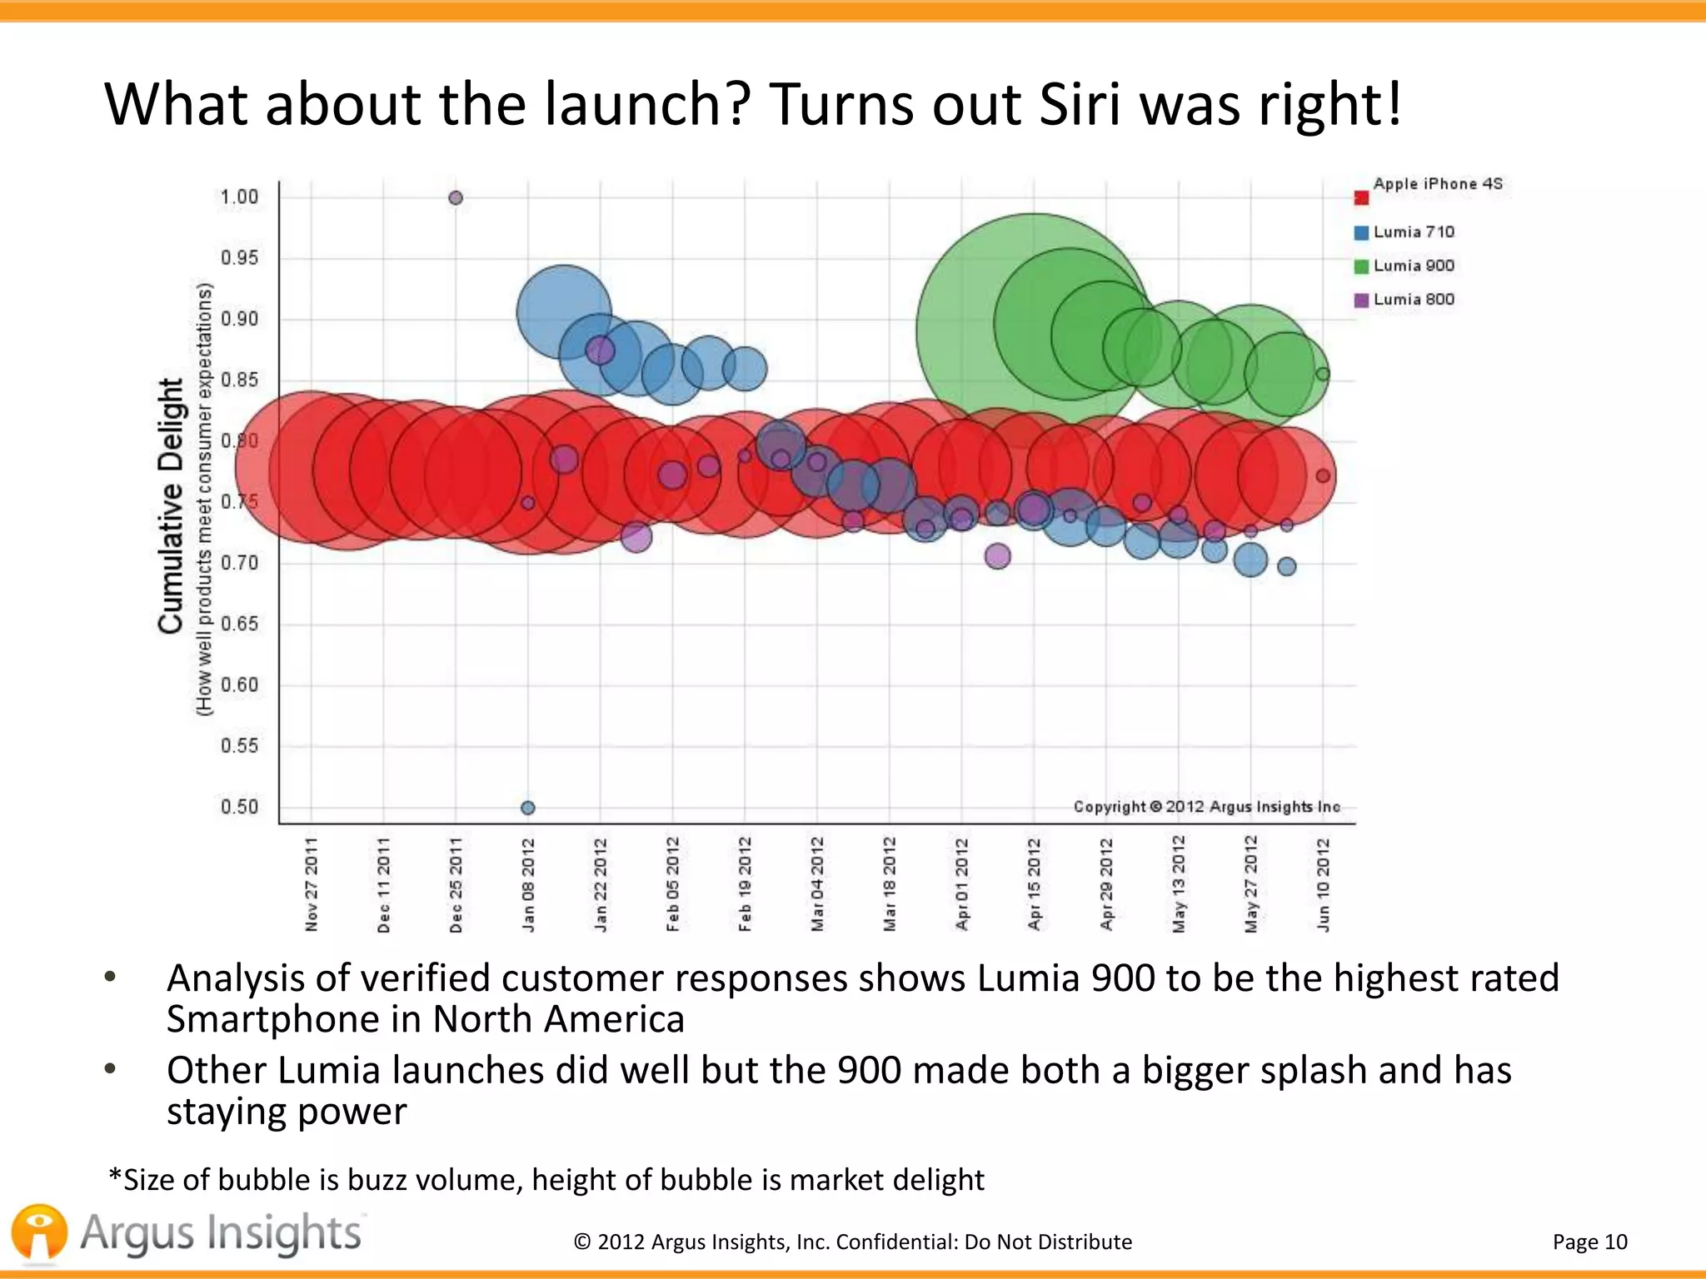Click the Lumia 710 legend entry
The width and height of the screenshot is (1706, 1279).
click(1413, 232)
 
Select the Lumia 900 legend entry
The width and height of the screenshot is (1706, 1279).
click(1413, 266)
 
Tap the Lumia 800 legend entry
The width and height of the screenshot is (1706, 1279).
click(1413, 300)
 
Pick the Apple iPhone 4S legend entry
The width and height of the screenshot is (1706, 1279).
click(1436, 184)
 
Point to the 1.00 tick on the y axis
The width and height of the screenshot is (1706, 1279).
click(239, 197)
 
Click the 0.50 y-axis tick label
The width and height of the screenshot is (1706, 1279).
click(239, 807)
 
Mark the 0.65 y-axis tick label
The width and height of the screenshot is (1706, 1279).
click(239, 624)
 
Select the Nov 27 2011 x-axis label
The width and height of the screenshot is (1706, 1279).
click(312, 885)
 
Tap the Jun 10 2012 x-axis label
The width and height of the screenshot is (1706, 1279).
click(1323, 885)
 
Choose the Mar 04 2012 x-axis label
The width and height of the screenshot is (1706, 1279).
click(817, 885)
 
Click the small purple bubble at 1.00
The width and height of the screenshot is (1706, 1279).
click(456, 198)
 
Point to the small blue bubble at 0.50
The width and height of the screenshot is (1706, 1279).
click(527, 808)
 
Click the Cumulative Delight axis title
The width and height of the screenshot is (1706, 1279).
click(171, 505)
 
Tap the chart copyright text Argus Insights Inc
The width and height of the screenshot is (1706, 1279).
click(1206, 807)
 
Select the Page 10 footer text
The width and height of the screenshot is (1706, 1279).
click(1589, 1242)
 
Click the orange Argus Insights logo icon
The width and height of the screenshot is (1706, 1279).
click(39, 1232)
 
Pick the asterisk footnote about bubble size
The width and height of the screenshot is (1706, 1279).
click(546, 1180)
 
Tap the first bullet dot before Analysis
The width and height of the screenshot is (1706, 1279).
click(110, 978)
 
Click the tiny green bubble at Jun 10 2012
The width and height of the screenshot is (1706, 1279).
click(1323, 374)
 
